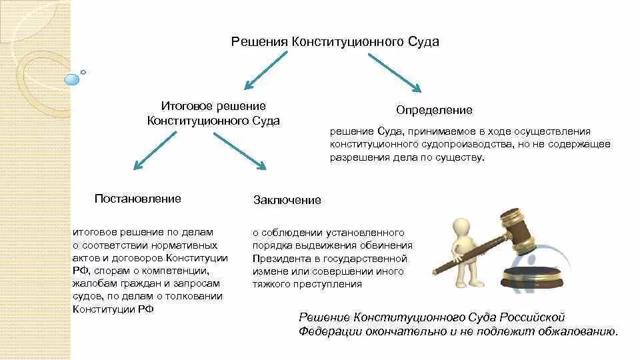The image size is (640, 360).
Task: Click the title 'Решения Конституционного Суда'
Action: (x=335, y=42)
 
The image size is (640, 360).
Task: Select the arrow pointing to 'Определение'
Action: (x=395, y=72)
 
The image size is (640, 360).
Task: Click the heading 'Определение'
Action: (x=434, y=109)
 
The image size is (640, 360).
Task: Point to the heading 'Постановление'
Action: (x=138, y=199)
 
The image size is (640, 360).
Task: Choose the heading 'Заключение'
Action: (x=287, y=200)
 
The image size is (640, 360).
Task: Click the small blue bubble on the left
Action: (x=71, y=79)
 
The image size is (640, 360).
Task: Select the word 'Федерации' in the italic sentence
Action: (x=326, y=331)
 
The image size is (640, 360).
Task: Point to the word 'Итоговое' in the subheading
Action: (x=182, y=106)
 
